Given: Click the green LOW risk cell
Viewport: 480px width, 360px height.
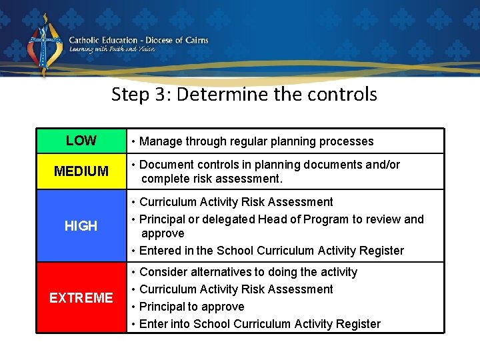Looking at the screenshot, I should tap(81, 141).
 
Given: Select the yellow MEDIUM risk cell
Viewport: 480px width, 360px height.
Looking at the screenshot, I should tap(81, 171).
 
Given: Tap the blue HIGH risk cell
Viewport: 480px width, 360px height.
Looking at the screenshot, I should tap(81, 226).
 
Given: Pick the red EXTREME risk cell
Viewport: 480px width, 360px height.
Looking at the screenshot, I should tap(81, 297).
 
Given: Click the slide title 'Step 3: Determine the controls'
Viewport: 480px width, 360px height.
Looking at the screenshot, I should tap(244, 94).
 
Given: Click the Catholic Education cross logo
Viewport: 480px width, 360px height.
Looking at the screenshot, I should tap(44, 45).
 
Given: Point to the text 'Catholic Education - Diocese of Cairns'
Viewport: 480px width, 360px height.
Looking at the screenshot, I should tap(139, 40).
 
